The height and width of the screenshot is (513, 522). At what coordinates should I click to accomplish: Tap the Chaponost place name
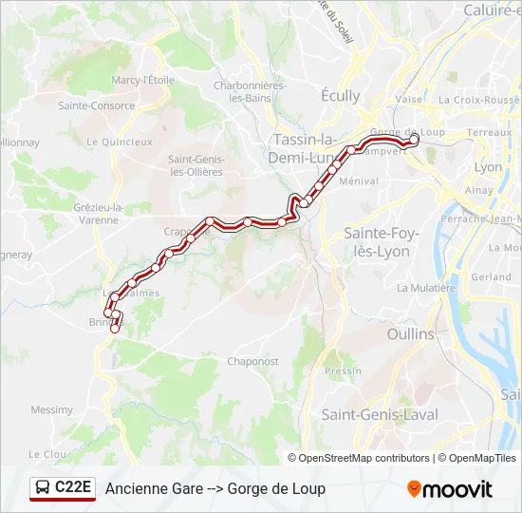(252, 361)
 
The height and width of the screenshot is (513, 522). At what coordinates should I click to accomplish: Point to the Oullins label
(410, 334)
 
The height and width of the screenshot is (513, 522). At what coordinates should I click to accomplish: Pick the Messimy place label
(51, 410)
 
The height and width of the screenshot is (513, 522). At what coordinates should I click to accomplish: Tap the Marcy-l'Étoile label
(143, 81)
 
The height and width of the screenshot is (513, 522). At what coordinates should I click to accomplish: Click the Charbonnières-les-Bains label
(250, 91)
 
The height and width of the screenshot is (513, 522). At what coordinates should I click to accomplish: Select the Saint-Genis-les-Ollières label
(196, 165)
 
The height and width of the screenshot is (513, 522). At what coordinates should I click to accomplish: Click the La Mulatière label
(426, 288)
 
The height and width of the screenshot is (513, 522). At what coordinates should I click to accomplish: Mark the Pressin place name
(343, 371)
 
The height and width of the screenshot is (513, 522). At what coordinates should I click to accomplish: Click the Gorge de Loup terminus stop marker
(414, 139)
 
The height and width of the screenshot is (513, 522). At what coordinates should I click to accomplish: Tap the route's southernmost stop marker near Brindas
(115, 329)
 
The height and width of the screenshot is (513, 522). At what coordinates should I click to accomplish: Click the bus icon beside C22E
(44, 488)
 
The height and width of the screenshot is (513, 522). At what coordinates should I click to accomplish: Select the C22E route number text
(73, 488)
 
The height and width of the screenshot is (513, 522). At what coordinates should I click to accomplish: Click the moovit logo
(450, 489)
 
